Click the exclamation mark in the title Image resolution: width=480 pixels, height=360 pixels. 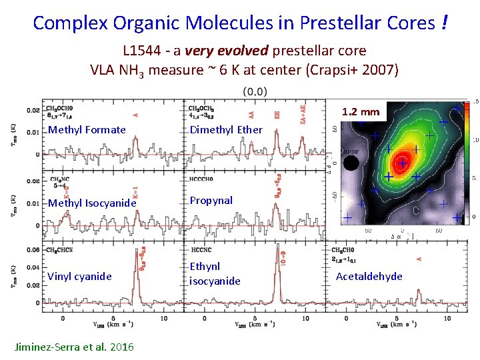443,23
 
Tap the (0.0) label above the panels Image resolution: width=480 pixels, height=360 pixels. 255,91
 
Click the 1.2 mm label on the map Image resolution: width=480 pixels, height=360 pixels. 361,111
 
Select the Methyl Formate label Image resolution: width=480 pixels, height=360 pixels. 87,130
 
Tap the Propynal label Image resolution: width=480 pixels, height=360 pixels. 211,200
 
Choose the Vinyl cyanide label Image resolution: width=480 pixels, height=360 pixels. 79,276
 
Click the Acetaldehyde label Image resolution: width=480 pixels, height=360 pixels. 369,276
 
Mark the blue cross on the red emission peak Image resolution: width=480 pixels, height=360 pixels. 402,163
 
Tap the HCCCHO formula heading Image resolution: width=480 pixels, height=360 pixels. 205,179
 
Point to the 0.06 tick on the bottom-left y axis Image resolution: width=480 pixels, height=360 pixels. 32,251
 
